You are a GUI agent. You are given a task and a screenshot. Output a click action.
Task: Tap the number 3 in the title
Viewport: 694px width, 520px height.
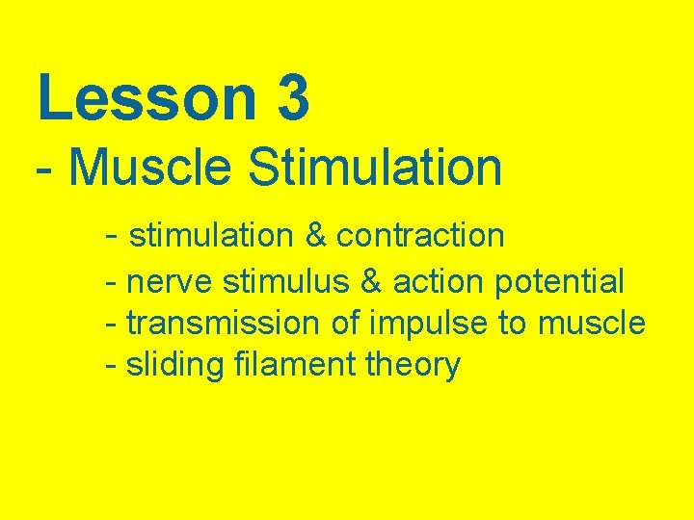coord(293,99)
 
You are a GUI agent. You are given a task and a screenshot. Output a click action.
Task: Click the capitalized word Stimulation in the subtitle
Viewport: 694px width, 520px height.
coord(375,167)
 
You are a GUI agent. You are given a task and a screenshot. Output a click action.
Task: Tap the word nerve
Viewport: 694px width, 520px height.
coord(170,282)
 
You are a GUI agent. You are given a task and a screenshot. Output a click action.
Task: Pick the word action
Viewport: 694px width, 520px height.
coord(438,282)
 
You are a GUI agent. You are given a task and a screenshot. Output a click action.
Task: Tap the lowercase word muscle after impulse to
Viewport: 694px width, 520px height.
coord(591,324)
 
